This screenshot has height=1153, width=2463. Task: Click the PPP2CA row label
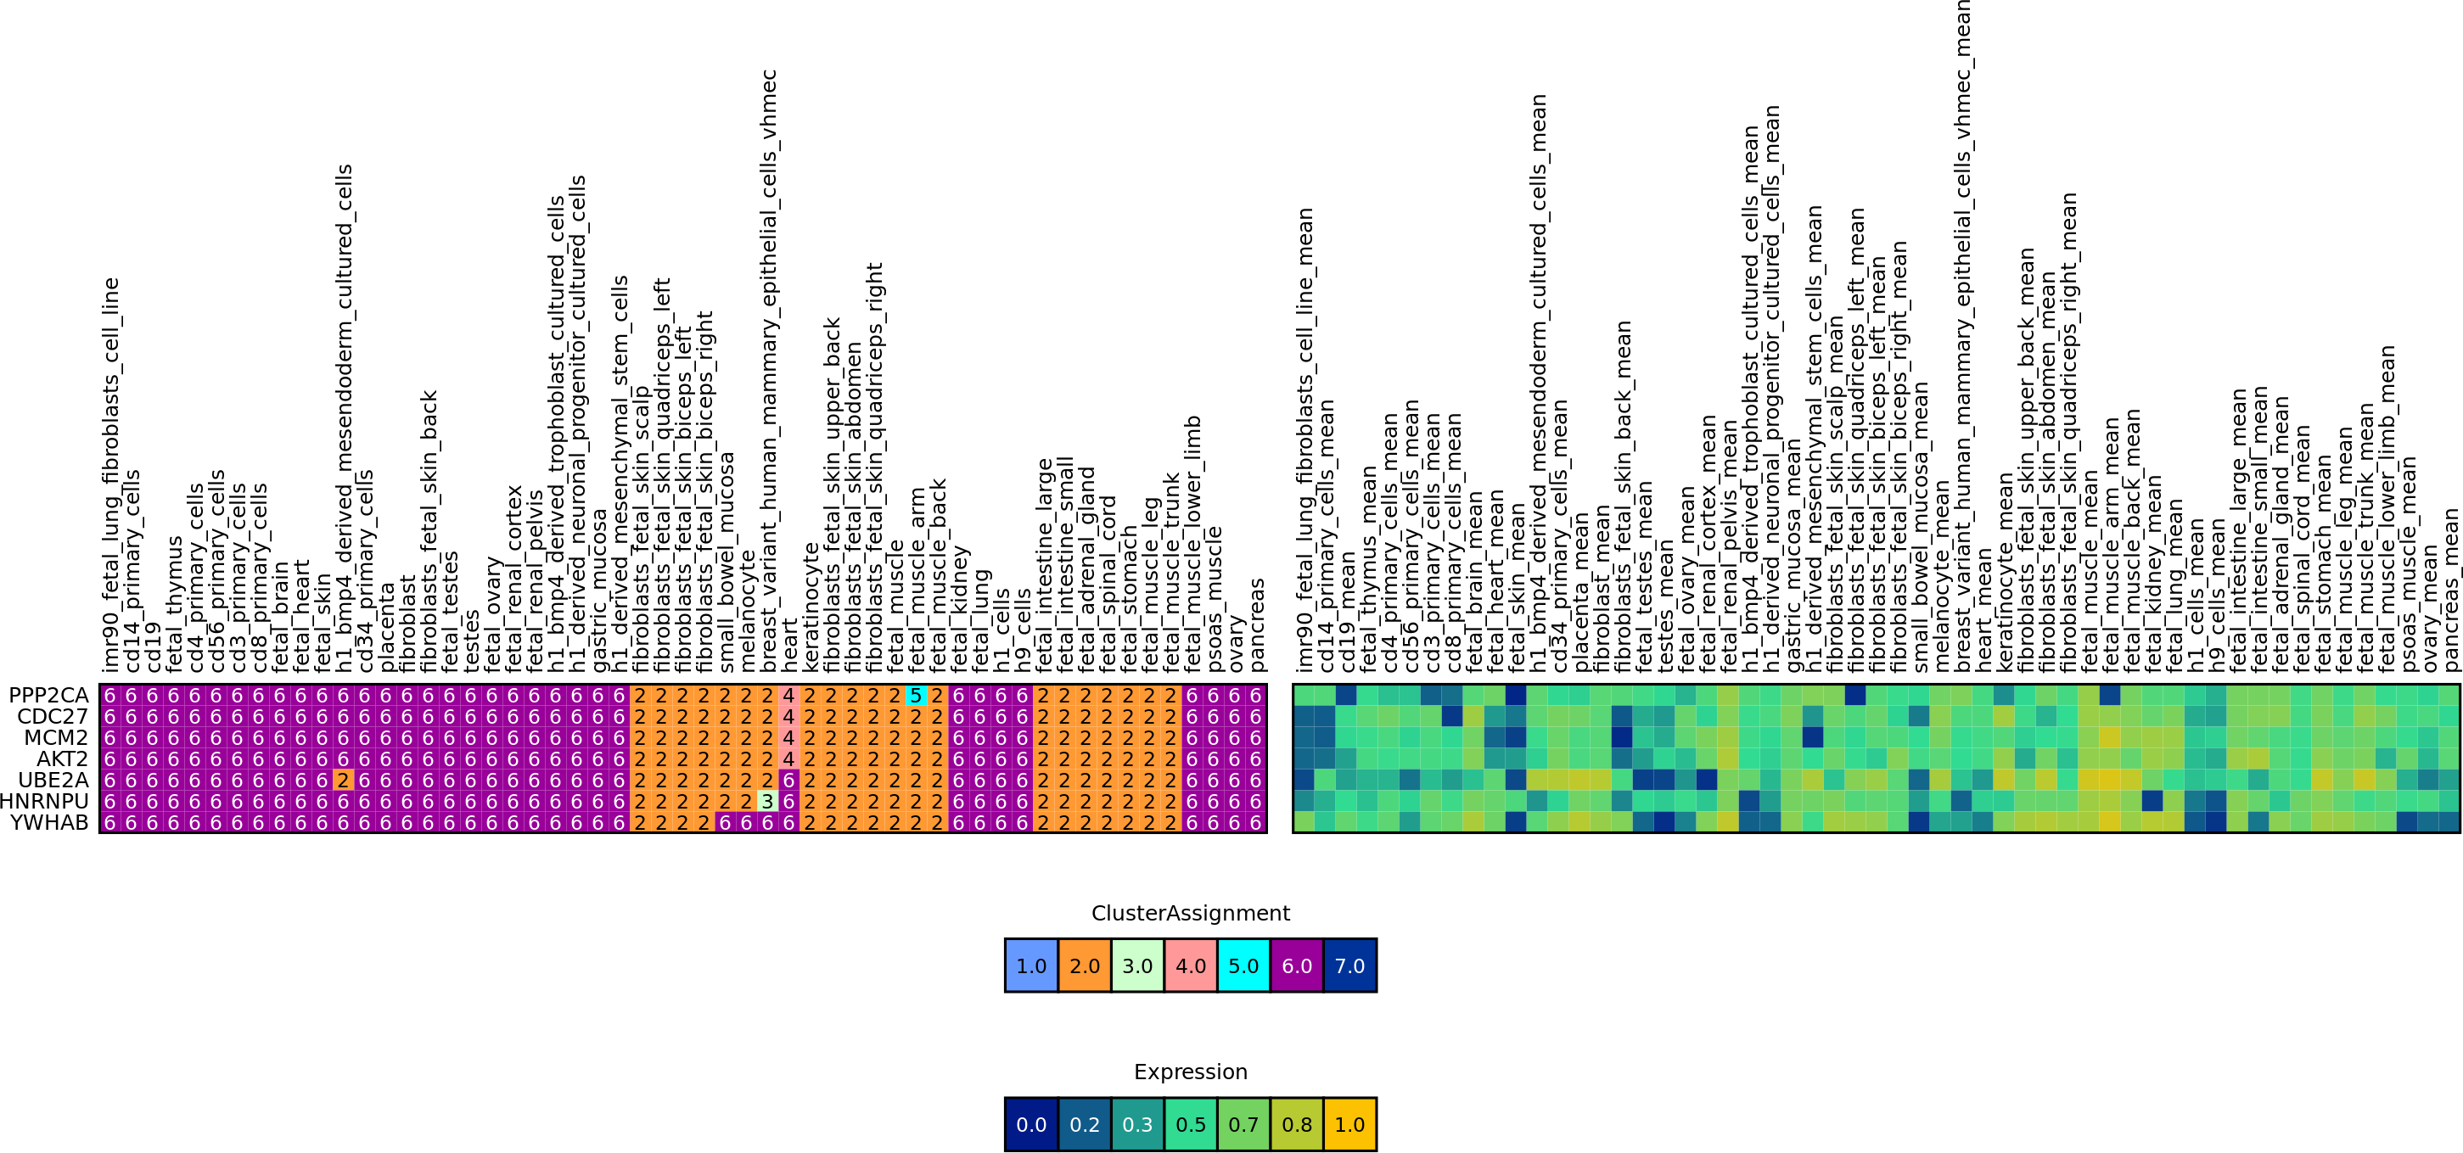(x=48, y=695)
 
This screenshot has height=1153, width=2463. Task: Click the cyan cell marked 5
(x=915, y=695)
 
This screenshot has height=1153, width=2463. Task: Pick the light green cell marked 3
(x=766, y=801)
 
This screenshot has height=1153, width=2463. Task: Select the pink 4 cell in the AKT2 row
(x=788, y=758)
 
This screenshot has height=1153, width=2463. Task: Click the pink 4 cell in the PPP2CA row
(x=788, y=695)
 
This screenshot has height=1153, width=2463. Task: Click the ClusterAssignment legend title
(x=1191, y=913)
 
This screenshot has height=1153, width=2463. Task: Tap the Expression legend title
(x=1191, y=1072)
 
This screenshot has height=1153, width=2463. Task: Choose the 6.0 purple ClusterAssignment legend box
(x=1297, y=965)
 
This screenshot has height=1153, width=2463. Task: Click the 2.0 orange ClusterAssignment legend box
(x=1085, y=965)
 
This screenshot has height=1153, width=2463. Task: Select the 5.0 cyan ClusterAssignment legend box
(x=1243, y=965)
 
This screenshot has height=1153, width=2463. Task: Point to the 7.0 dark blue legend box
(x=1349, y=965)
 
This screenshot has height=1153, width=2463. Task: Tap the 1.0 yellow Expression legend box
(x=1349, y=1124)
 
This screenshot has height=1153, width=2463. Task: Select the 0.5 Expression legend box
(x=1191, y=1124)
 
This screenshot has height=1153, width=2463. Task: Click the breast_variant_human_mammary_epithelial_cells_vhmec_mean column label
(x=1961, y=334)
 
